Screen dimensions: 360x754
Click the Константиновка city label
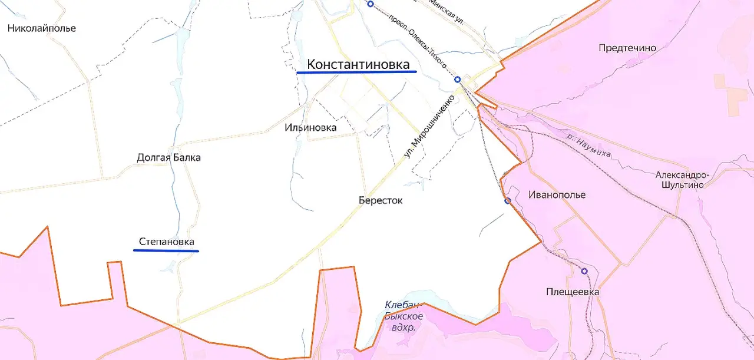358,64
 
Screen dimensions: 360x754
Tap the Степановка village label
166,242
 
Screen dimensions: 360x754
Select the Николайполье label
42,28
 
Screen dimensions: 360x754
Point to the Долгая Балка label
168,157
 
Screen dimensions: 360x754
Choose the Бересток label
381,200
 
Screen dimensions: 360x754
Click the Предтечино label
627,48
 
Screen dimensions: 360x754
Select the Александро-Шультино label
683,180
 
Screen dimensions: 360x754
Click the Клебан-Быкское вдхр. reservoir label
403,316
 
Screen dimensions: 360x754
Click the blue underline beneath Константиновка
356,72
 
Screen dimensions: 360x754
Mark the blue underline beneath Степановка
166,251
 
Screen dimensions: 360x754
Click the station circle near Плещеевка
584,271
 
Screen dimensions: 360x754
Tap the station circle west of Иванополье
507,201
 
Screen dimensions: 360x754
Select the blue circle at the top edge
370,4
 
